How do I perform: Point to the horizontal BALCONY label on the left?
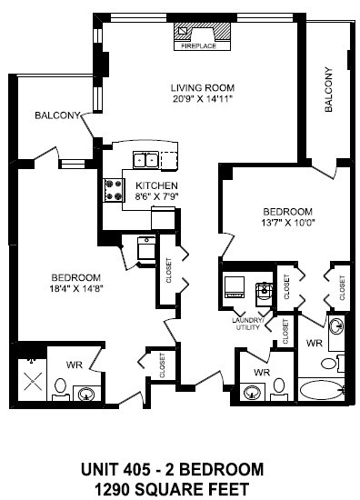(x=57, y=115)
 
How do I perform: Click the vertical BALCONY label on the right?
(x=327, y=91)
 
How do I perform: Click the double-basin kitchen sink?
(x=145, y=160)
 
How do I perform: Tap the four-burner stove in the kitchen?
(x=115, y=189)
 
